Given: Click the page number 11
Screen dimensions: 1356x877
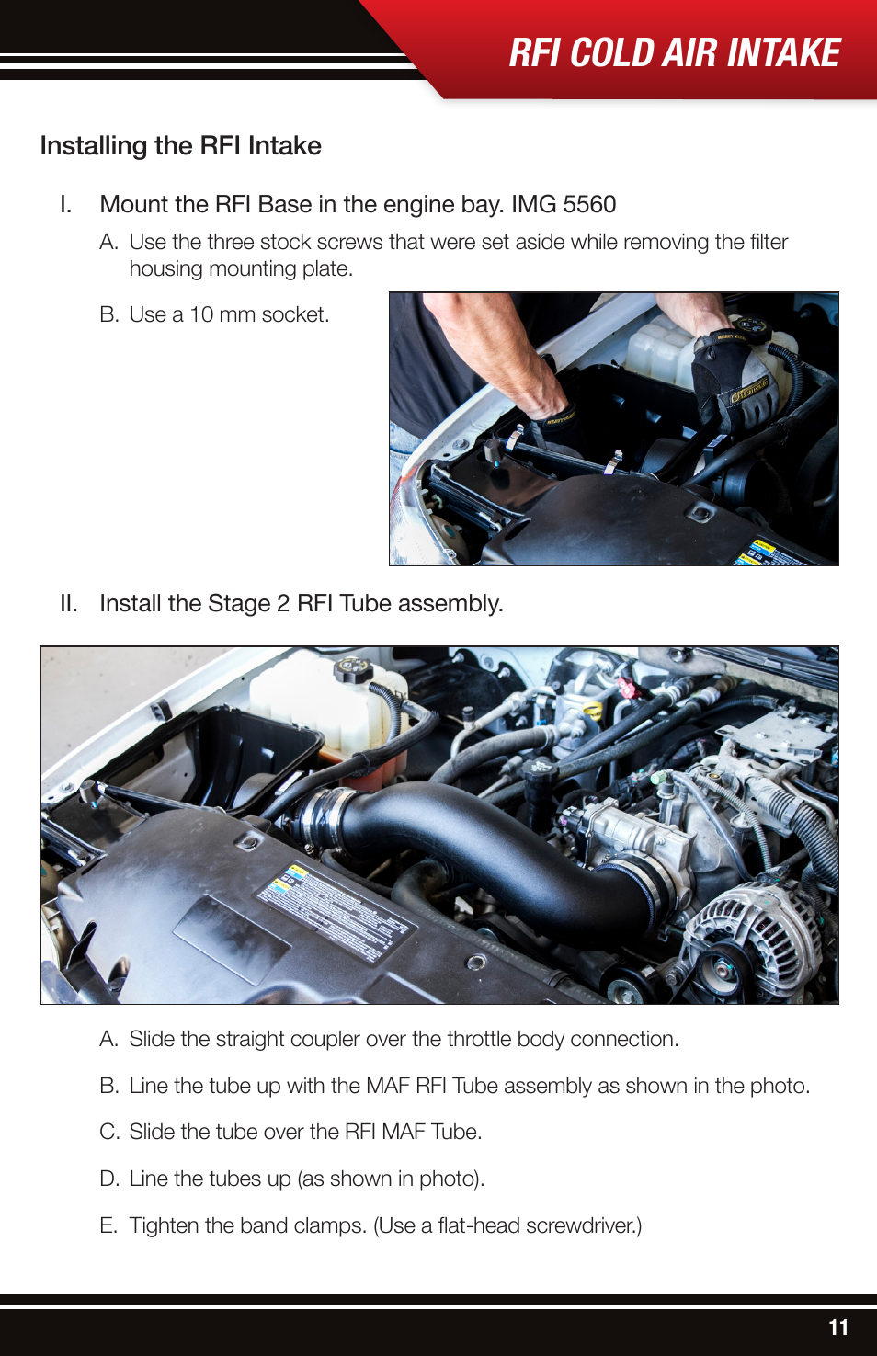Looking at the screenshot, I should coord(837,1327).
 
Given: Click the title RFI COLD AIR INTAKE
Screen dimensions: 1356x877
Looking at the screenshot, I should coord(674,52).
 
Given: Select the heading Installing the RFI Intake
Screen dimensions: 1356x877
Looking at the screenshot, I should coord(180,146).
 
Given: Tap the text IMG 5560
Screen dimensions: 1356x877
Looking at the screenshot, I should coord(563,204).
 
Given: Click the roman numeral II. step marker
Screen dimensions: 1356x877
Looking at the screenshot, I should coord(68,603).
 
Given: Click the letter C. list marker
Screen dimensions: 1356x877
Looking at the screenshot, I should coord(109,1132).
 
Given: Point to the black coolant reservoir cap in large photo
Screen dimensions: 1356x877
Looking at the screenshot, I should coord(351,668).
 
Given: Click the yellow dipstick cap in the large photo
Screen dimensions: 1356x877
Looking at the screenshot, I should coord(594,710).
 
